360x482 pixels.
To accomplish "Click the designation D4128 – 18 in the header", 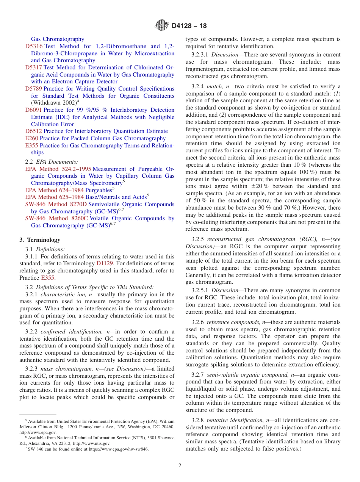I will (189, 26).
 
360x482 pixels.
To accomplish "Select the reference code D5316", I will (34, 46).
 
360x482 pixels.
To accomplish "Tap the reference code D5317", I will (34, 67).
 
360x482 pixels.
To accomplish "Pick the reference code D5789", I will (34, 89).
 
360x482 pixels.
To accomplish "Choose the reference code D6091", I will (34, 110).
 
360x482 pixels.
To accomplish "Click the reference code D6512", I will (34, 131).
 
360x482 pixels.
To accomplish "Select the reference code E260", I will (31, 138).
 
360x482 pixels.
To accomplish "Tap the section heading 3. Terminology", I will (40, 240).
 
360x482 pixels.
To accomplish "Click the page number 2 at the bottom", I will (180, 466).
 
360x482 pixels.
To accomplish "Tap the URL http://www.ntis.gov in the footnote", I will (92, 443).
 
